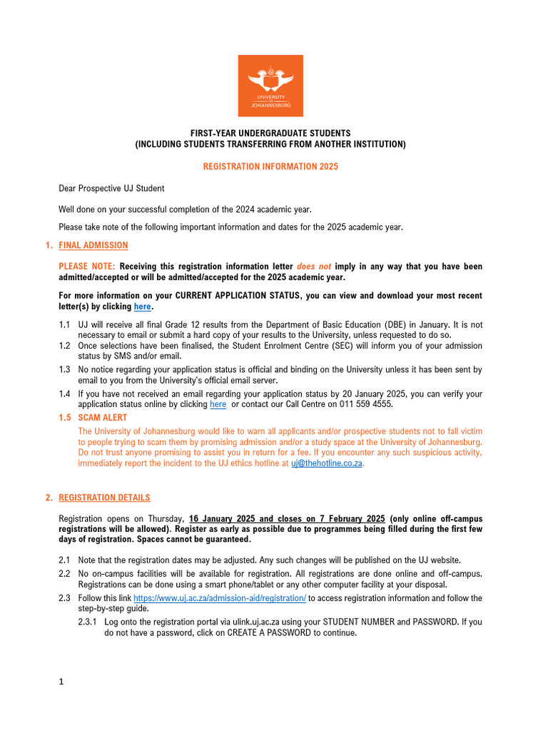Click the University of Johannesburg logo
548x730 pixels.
coord(270,86)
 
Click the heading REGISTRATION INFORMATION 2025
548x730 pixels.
coord(270,166)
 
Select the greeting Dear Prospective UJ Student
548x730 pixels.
coord(111,188)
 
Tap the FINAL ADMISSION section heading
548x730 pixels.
coord(93,245)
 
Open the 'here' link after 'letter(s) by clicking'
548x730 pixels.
coord(143,307)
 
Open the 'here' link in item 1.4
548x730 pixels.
coord(218,404)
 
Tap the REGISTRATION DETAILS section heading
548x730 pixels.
coord(104,498)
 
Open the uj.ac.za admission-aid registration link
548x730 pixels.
coord(220,598)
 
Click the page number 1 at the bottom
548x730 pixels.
coord(61,682)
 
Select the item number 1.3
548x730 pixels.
coord(65,370)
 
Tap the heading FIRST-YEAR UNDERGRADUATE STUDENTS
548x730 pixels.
coord(270,133)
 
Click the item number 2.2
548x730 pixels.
coord(65,574)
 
